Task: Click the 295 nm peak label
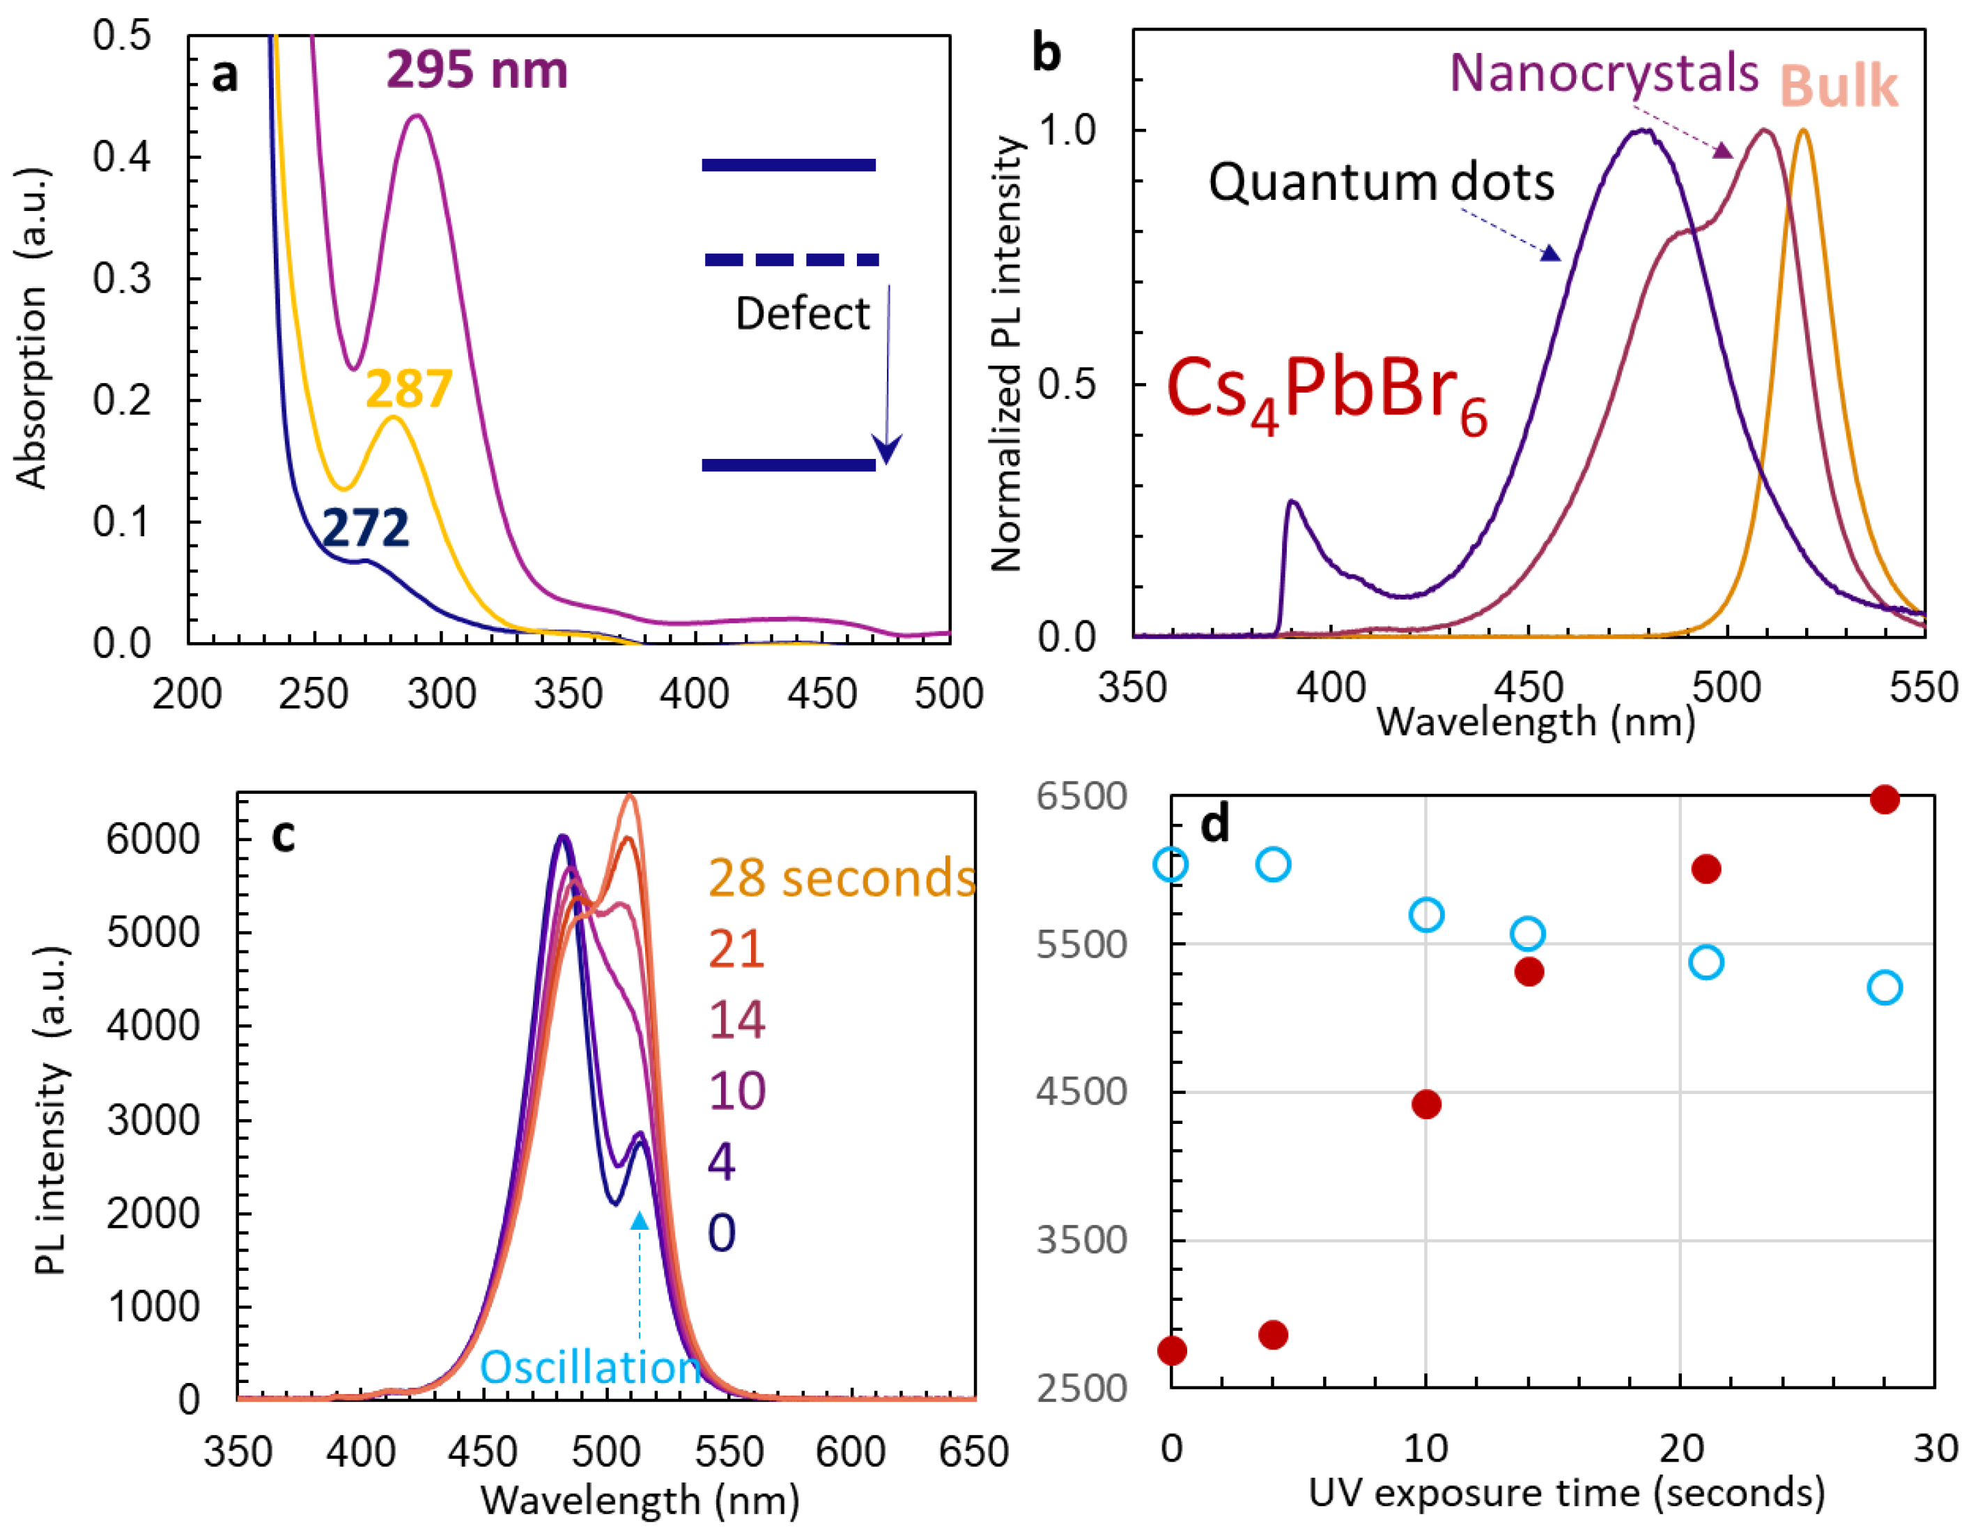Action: [477, 70]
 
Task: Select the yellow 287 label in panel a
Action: [408, 389]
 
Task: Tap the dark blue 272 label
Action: [365, 528]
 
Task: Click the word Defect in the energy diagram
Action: [802, 315]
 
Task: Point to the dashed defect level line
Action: [791, 260]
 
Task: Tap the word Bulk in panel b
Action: [1838, 87]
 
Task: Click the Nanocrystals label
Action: [1603, 73]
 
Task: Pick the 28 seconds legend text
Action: [841, 878]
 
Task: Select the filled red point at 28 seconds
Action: [1884, 799]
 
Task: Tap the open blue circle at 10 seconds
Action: [1426, 915]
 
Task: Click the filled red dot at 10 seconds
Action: [1426, 1104]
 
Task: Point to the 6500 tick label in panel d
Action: [1081, 797]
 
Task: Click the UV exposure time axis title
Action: [1566, 1492]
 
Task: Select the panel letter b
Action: [1046, 53]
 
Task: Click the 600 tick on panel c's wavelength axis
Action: [851, 1452]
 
